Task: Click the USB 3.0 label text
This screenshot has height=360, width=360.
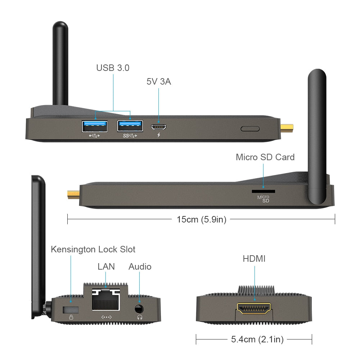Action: (113, 68)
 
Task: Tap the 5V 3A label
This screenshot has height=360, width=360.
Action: (158, 82)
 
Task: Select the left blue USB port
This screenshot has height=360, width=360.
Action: (95, 126)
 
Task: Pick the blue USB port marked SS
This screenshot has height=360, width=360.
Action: (130, 126)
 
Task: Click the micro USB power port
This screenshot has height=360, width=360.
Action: (158, 127)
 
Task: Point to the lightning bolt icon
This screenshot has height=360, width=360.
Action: (158, 135)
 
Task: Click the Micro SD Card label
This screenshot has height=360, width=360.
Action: (265, 157)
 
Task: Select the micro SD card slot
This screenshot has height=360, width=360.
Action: (263, 191)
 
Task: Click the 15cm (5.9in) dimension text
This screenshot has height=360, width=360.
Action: (201, 219)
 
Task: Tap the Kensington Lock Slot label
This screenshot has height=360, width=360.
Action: (93, 249)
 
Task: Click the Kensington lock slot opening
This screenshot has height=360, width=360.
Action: (71, 309)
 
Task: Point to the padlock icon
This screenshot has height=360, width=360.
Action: (71, 317)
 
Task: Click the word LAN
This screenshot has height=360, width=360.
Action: (106, 267)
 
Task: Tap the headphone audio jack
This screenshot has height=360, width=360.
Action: (139, 309)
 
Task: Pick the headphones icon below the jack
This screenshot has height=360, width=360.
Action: (139, 317)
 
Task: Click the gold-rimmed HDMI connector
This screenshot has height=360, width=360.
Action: (254, 309)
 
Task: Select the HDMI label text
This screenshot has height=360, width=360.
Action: (254, 258)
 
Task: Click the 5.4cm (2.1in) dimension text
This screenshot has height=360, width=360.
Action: (254, 339)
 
